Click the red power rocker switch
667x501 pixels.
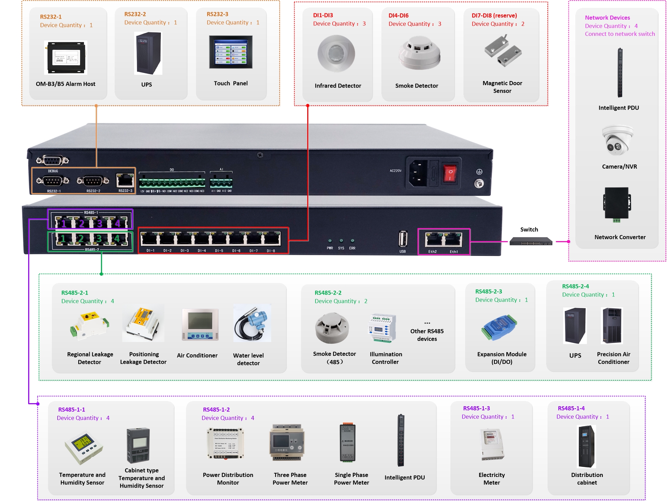pos(450,173)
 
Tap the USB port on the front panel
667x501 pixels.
pos(403,239)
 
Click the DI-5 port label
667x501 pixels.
pos(219,251)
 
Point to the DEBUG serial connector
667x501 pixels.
pos(53,160)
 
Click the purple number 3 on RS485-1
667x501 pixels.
pos(100,224)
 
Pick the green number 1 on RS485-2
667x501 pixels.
pos(63,238)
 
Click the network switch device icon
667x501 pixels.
pos(530,241)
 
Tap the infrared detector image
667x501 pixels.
pos(336,54)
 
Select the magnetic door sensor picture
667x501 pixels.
pos(503,51)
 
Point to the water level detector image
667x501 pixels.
pos(252,323)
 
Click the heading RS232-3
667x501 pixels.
pos(217,14)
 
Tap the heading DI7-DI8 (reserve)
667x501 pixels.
pos(494,15)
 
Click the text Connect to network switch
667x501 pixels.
pos(620,34)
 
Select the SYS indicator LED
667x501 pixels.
pos(341,241)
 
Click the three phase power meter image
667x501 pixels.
pos(288,442)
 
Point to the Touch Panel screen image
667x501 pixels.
pos(231,52)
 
